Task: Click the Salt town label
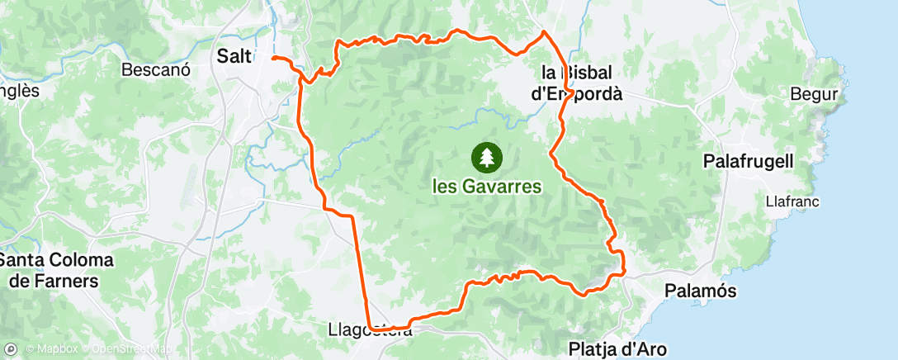(233, 56)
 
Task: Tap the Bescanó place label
(156, 70)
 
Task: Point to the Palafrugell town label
(749, 161)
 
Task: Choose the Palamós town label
(701, 291)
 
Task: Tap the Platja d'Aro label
(617, 348)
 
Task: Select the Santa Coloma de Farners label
(56, 271)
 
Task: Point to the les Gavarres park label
(487, 187)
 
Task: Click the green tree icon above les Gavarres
(485, 156)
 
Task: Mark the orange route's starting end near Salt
(273, 59)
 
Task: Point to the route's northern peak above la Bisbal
(543, 32)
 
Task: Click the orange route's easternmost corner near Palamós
(624, 270)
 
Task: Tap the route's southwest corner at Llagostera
(371, 327)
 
